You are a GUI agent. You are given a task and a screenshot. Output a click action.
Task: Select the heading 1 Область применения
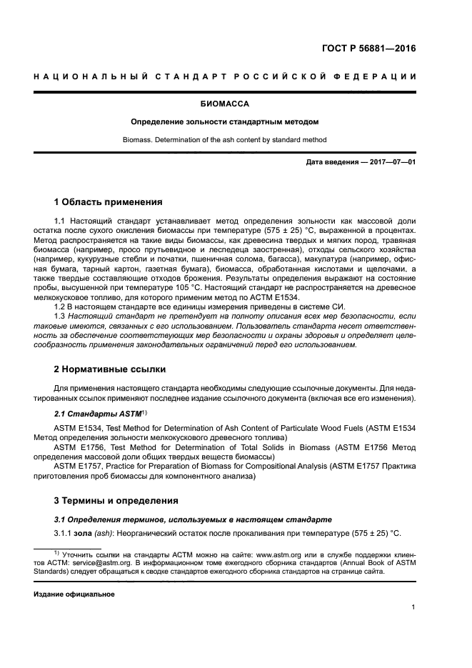pos(108,201)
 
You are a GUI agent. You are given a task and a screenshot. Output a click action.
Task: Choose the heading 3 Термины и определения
pos(116,500)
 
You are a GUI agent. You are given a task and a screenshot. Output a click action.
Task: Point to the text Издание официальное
pos(74,594)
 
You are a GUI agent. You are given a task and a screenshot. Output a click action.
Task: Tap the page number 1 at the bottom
pos(413,608)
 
